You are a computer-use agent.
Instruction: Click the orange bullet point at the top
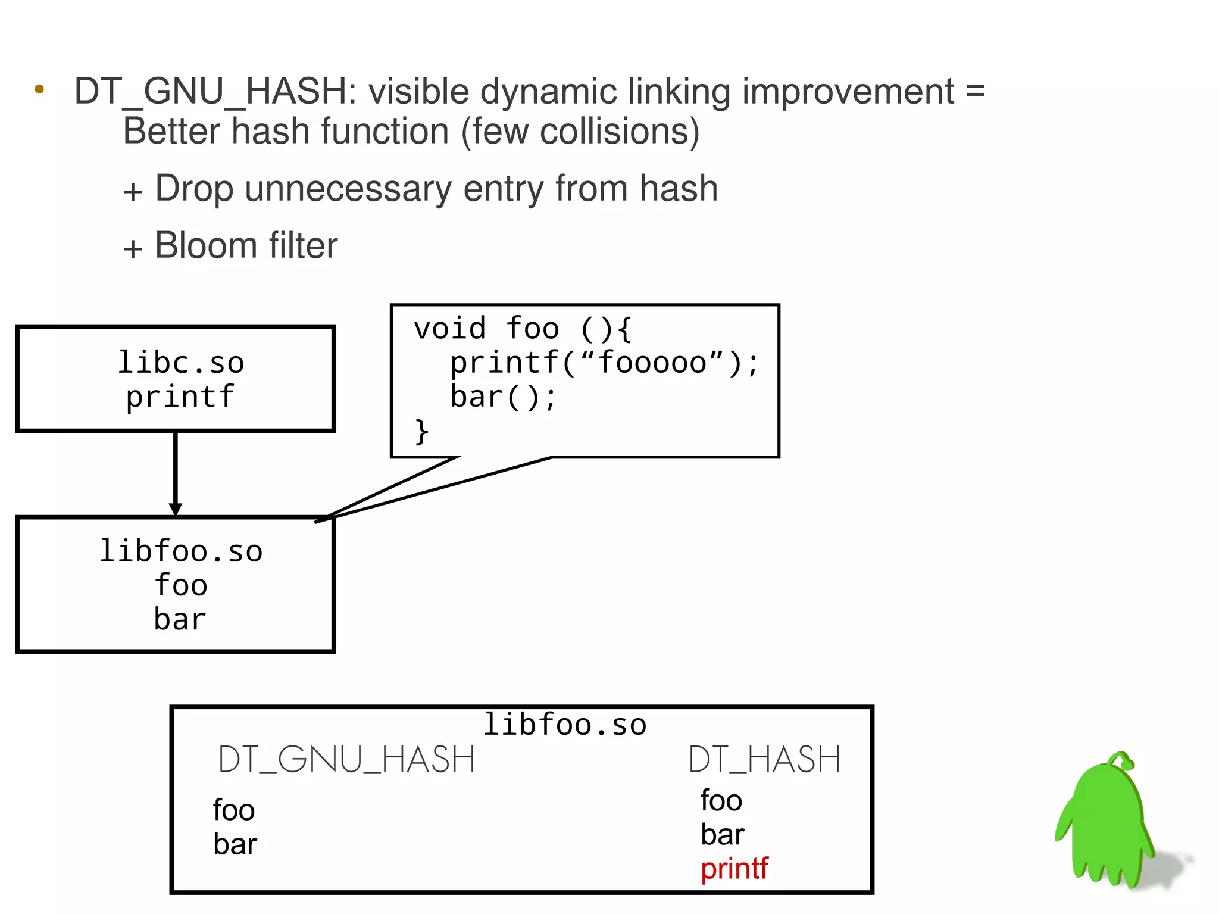tap(39, 90)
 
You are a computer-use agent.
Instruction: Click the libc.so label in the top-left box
tap(181, 363)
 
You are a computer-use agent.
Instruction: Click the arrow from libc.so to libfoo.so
tap(175, 473)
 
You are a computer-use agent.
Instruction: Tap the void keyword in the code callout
tap(450, 329)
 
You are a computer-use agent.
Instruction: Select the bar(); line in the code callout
tap(503, 397)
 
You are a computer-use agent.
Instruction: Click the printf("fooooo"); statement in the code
tap(604, 363)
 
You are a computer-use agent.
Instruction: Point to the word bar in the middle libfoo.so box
tap(180, 619)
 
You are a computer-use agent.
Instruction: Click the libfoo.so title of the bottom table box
tap(564, 725)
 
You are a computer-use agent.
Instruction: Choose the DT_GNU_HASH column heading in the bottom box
tap(346, 760)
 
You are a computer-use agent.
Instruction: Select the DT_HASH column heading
tap(764, 760)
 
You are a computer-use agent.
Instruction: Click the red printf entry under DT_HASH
tap(734, 869)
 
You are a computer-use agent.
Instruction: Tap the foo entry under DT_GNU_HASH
tap(234, 810)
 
